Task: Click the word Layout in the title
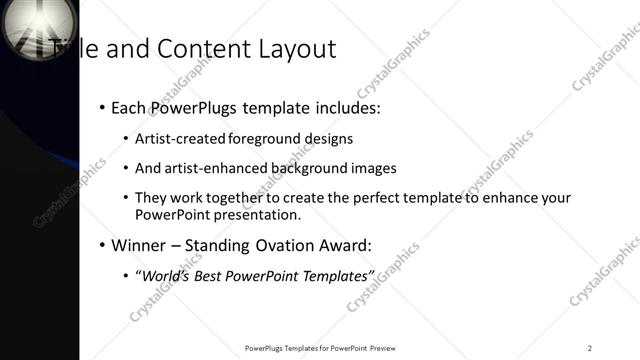click(296, 48)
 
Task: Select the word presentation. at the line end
click(256, 215)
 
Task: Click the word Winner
click(138, 245)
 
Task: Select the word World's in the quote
click(163, 275)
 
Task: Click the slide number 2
click(589, 348)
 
